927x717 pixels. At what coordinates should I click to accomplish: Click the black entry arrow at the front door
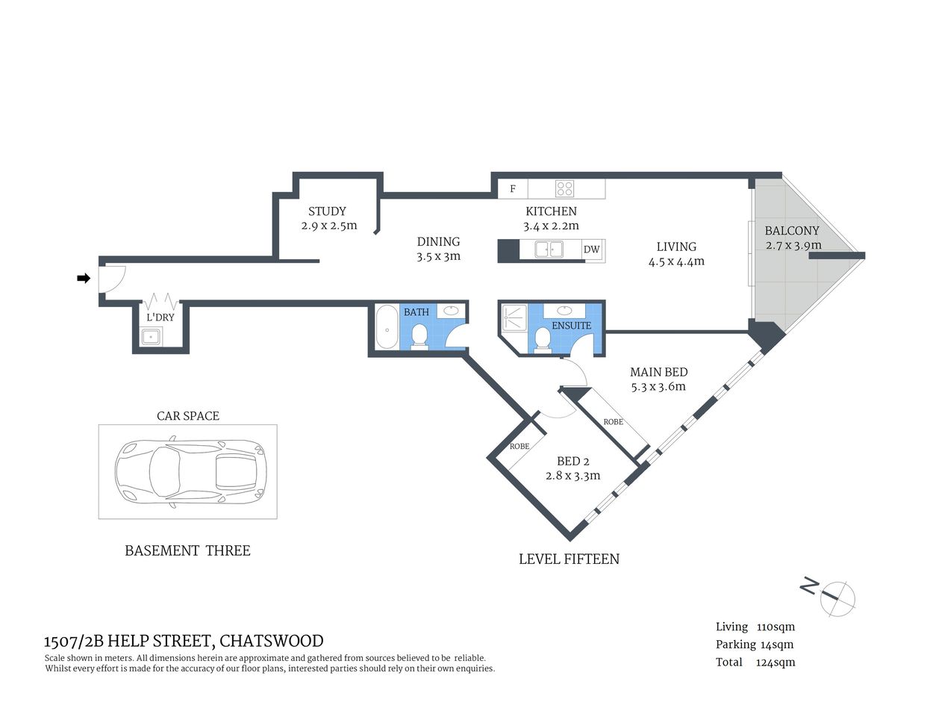coord(84,279)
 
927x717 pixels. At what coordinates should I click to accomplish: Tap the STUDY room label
coord(327,211)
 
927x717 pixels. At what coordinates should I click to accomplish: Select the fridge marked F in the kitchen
coord(513,189)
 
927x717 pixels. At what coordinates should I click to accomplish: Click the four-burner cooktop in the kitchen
coord(564,189)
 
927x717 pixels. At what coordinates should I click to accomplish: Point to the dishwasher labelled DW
coord(592,249)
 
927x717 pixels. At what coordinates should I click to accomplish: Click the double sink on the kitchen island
coord(549,249)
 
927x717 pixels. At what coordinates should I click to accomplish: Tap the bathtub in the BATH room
coord(386,326)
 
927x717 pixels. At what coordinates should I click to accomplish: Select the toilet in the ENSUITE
coord(543,340)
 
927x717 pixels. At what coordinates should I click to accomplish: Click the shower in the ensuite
coord(514,317)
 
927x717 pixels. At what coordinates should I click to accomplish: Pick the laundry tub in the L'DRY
coord(152,336)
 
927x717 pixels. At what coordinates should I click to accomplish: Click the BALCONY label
coord(792,231)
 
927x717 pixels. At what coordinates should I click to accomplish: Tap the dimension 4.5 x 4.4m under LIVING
coord(676,261)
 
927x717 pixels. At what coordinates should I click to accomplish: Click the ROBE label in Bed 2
coord(519,447)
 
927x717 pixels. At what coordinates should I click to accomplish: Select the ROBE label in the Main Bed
coord(614,422)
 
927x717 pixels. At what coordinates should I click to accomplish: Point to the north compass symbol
coord(836,597)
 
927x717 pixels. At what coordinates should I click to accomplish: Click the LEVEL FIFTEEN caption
coord(569,559)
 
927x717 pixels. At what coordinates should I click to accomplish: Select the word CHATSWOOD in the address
coord(272,641)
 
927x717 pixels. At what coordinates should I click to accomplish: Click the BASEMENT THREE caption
coord(187,550)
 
